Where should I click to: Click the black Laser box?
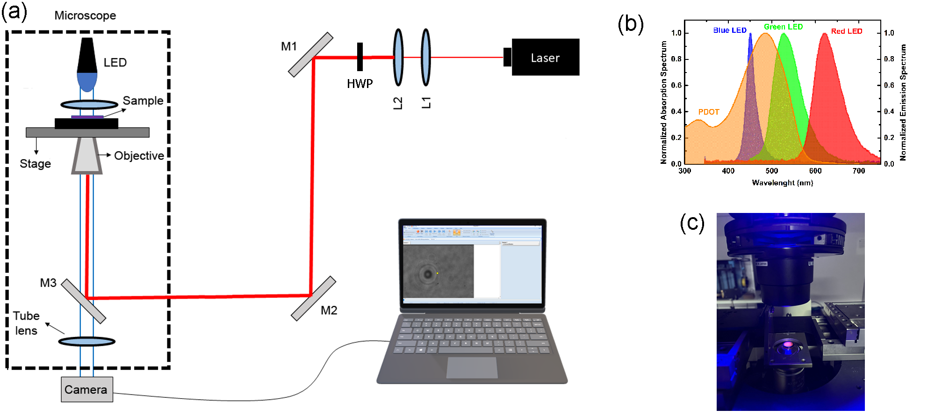click(545, 57)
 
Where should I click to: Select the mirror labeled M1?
click(310, 55)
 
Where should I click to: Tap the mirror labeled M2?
click(313, 299)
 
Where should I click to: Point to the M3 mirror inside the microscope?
click(83, 301)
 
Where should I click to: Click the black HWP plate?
click(360, 57)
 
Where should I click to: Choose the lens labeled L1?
click(425, 57)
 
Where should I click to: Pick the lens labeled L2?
click(398, 57)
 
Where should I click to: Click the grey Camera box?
click(87, 389)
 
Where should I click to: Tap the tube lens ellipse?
click(87, 342)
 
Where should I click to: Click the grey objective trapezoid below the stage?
click(87, 155)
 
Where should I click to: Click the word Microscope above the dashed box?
click(85, 15)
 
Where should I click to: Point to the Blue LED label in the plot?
click(729, 30)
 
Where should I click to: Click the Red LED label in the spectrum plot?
click(846, 31)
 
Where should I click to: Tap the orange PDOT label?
click(708, 112)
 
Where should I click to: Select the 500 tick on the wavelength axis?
click(772, 171)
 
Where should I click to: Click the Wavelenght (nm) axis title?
click(782, 183)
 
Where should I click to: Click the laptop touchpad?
click(472, 367)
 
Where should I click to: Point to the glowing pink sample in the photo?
click(788, 345)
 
